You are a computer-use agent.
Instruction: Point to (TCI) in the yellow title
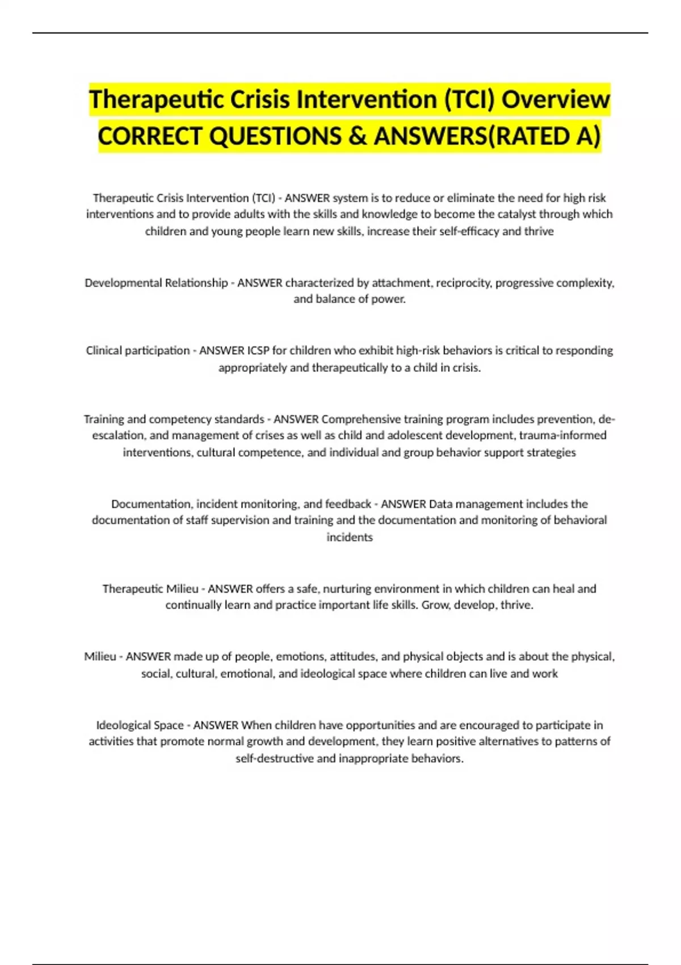(x=469, y=100)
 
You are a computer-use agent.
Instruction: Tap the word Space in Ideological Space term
(x=169, y=725)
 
